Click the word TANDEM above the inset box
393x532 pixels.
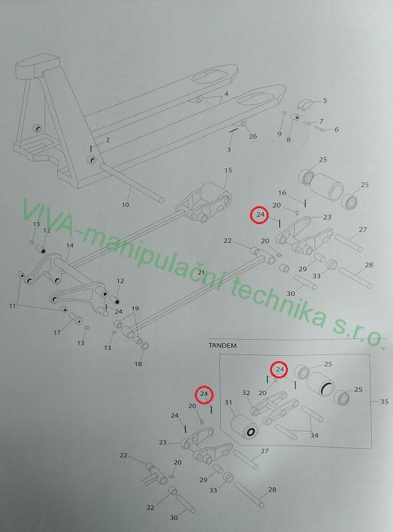pyautogui.click(x=223, y=345)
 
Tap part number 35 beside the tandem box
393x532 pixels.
pyautogui.click(x=384, y=402)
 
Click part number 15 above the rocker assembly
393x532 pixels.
pyautogui.click(x=228, y=170)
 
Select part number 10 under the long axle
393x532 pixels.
pyautogui.click(x=125, y=204)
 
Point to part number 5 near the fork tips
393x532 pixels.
pyautogui.click(x=325, y=100)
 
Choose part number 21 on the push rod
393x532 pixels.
pyautogui.click(x=201, y=273)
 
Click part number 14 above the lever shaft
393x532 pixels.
pyautogui.click(x=70, y=245)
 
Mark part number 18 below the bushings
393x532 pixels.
pyautogui.click(x=138, y=364)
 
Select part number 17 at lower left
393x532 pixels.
pyautogui.click(x=57, y=332)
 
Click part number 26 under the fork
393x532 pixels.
pyautogui.click(x=253, y=136)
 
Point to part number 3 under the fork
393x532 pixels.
pyautogui.click(x=229, y=150)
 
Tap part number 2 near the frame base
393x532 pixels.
pyautogui.click(x=108, y=140)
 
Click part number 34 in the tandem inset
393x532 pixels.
pyautogui.click(x=315, y=435)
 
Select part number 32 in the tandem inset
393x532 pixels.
pyautogui.click(x=246, y=392)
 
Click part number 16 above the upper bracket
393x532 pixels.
pyautogui.click(x=282, y=193)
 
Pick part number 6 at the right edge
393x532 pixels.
pyautogui.click(x=336, y=129)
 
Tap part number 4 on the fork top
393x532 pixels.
pyautogui.click(x=226, y=94)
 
